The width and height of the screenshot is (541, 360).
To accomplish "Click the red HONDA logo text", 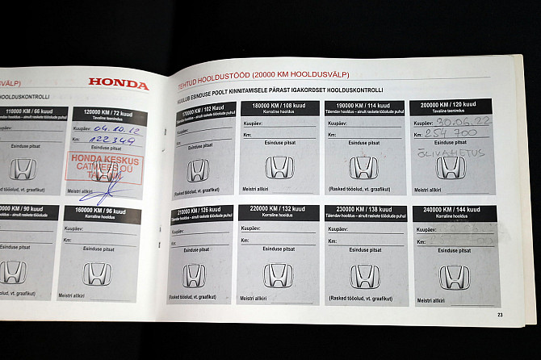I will [x=118, y=83].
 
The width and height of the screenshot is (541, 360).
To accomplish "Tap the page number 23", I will [x=500, y=315].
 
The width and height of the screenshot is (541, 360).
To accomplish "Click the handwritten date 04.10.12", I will [x=115, y=128].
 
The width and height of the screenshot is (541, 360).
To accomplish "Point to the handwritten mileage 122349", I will [x=114, y=140].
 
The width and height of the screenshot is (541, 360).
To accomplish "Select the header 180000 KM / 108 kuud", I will [x=279, y=106].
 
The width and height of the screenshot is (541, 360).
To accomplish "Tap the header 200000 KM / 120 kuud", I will [x=450, y=105].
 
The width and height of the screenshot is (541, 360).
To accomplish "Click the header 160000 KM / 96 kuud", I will [x=98, y=211].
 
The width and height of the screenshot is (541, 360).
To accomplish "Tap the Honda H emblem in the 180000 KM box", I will [x=279, y=167].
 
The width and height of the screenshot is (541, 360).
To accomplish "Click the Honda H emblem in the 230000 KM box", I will [x=364, y=276].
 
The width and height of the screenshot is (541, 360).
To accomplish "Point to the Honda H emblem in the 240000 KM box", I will [x=454, y=277].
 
